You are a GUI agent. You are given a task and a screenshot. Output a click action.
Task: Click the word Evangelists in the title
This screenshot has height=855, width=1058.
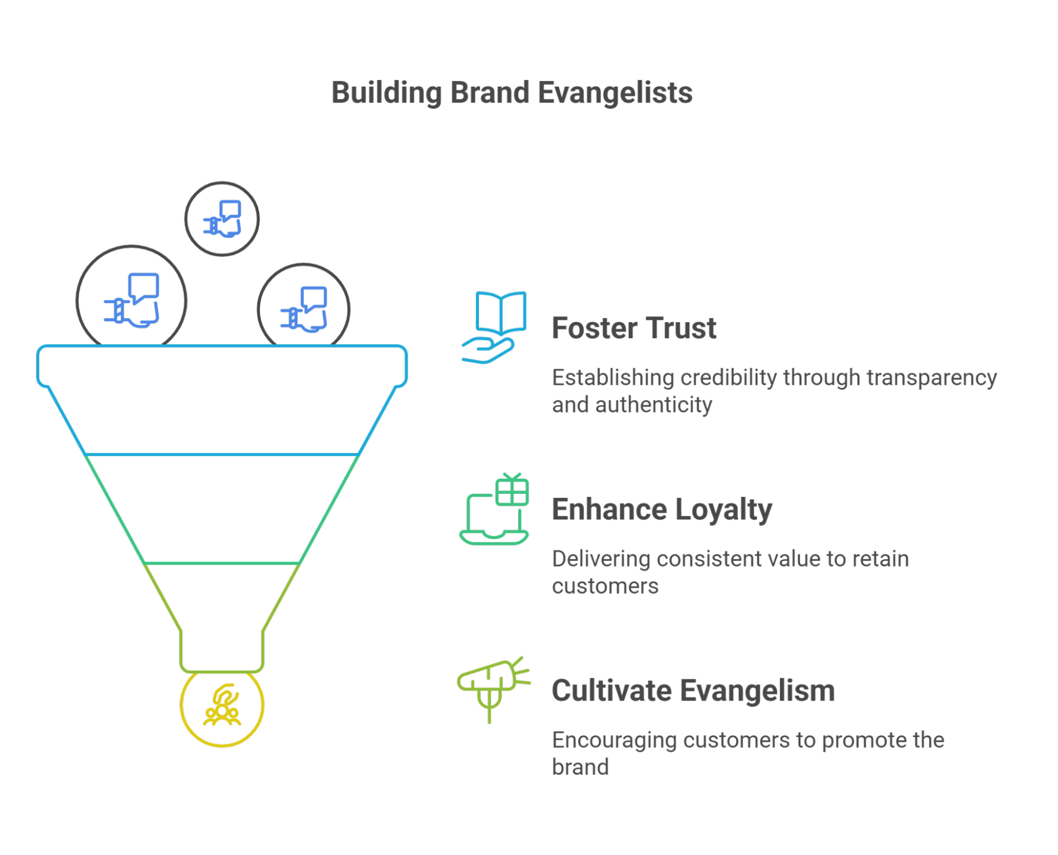615,93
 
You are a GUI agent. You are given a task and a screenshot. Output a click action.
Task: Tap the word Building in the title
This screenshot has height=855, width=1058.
386,93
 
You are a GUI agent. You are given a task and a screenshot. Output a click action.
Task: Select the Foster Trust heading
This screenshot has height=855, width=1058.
634,328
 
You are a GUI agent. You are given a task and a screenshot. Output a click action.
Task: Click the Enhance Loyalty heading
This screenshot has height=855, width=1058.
662,510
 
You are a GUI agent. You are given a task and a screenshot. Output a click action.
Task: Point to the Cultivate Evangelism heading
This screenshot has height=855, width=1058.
693,691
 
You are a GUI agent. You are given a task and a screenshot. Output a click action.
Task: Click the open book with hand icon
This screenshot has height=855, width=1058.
494,327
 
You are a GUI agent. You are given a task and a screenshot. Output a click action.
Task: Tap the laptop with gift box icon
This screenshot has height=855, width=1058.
494,510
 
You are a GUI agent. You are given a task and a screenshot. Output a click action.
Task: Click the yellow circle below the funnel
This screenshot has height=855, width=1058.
222,708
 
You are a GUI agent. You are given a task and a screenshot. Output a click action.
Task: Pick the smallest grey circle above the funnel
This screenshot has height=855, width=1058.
222,219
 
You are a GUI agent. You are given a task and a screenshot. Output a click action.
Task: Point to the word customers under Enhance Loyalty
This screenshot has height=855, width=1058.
605,586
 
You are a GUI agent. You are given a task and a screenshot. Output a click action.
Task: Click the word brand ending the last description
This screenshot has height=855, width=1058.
580,767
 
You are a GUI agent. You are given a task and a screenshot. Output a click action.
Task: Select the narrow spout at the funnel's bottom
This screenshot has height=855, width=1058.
222,651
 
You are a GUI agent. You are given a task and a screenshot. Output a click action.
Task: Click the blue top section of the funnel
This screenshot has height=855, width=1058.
222,402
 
